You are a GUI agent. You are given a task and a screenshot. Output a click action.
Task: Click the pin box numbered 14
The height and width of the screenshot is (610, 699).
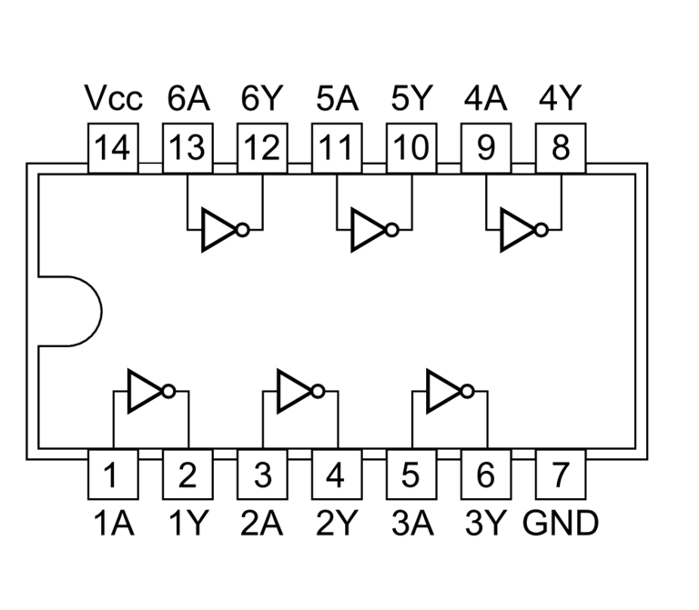(x=112, y=148)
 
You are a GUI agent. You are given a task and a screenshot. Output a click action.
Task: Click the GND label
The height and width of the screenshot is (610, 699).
(x=561, y=524)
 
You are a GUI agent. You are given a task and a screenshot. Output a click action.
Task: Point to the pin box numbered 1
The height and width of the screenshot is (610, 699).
(x=112, y=475)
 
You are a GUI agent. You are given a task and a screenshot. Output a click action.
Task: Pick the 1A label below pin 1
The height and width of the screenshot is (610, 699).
(x=112, y=524)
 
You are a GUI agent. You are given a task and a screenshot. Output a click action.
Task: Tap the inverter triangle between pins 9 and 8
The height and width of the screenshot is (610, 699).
(x=517, y=231)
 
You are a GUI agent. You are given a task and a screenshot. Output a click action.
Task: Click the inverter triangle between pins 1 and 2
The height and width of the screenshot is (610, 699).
(x=143, y=392)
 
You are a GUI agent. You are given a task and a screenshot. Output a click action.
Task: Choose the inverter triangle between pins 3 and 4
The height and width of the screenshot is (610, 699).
(x=292, y=392)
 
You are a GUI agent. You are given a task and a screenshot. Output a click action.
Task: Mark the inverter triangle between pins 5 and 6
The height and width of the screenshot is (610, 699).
(x=442, y=392)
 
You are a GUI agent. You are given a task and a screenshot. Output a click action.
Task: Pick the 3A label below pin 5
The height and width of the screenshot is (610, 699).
(x=411, y=524)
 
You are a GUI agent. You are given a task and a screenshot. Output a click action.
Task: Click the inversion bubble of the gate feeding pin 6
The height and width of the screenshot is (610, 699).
(x=467, y=392)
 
